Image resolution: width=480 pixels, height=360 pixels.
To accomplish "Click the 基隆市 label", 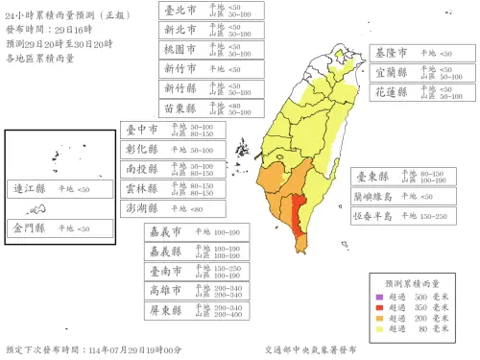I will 392,52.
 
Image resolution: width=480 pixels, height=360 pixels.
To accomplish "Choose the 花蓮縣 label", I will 392,92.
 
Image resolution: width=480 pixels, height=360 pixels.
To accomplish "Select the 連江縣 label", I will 28,189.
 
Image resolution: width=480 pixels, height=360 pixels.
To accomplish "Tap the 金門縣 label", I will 28,228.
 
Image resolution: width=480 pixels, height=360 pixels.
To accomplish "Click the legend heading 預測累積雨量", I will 412,284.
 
